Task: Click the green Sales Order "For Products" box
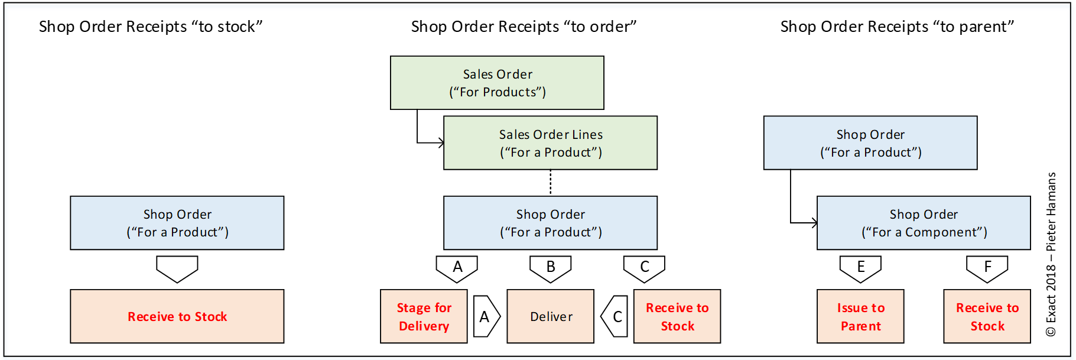pos(497,83)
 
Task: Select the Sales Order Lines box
pos(550,143)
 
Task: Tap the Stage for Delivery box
pos(424,316)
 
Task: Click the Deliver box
pos(550,316)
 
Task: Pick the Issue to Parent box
pos(860,316)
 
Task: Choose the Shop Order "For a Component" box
pos(924,223)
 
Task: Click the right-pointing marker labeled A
pos(486,316)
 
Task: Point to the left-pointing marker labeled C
pos(615,316)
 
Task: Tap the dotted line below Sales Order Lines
pos(551,183)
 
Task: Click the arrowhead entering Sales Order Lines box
pos(440,142)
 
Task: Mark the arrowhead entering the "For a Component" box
pos(814,223)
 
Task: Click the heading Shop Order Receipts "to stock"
pos(151,27)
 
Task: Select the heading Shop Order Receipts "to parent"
pos(897,27)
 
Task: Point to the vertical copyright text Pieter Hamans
pos(1051,254)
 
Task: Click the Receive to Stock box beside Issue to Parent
pos(987,316)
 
